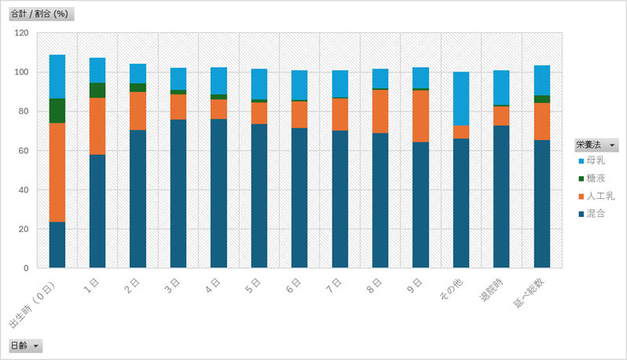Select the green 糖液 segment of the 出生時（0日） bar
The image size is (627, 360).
(57, 111)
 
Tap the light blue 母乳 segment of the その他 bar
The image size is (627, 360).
(461, 98)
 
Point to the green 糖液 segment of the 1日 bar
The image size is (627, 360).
(97, 90)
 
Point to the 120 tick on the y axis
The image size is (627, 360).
(21, 33)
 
